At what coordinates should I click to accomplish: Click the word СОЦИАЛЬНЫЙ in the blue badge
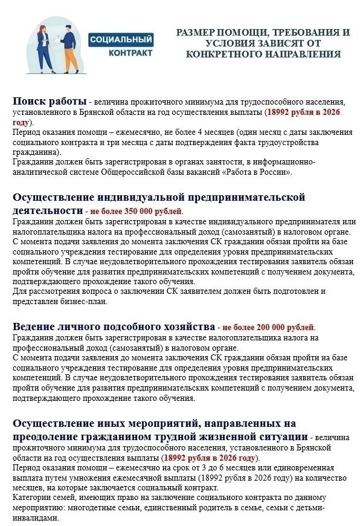pos(121,40)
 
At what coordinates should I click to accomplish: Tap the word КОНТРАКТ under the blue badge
pos(130,53)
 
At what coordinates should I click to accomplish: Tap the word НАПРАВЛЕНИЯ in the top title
pos(306,54)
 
